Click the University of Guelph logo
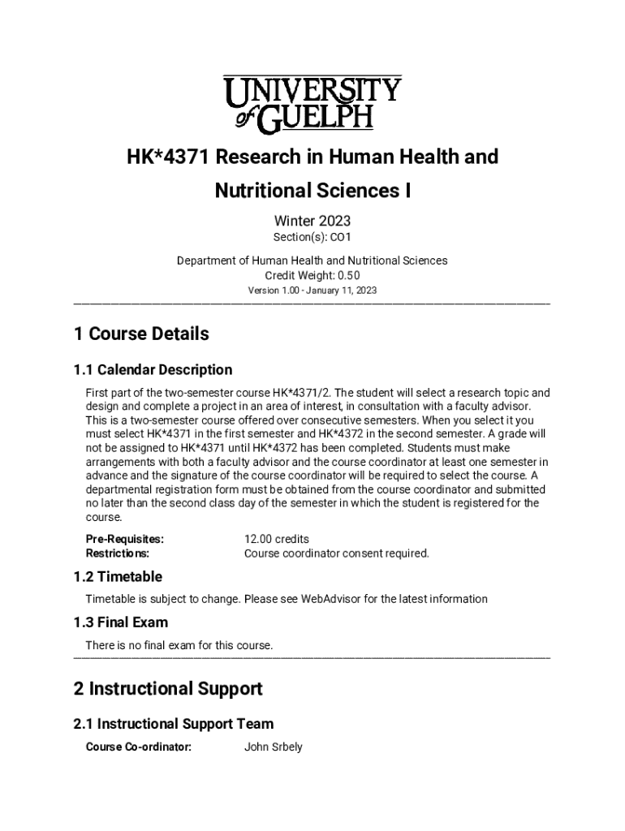(312, 103)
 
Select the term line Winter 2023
(312, 220)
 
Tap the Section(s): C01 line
(312, 237)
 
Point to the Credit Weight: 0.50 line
(312, 275)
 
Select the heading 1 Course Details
(141, 334)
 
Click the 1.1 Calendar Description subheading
(153, 370)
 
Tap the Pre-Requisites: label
(125, 539)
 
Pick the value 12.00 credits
(277, 539)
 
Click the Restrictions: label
(118, 553)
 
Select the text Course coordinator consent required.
(336, 553)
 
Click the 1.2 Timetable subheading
(118, 577)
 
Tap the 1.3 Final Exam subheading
(121, 622)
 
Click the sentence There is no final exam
(179, 645)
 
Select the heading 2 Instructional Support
(168, 689)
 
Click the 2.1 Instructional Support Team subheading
(174, 724)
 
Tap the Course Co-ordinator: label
(139, 747)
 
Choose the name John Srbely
(274, 747)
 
